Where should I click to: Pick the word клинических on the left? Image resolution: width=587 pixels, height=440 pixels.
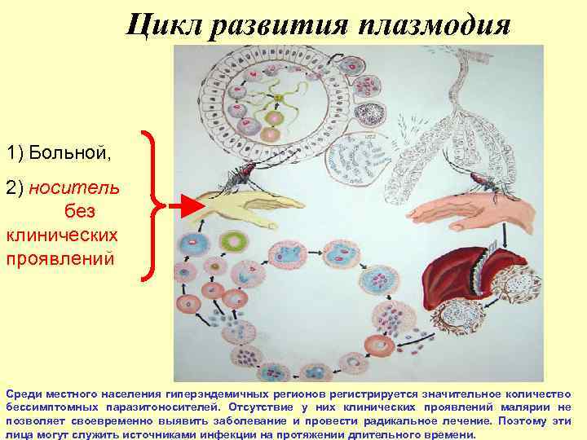pyautogui.click(x=60, y=235)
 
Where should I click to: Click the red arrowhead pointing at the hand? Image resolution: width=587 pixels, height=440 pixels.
pyautogui.click(x=188, y=205)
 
